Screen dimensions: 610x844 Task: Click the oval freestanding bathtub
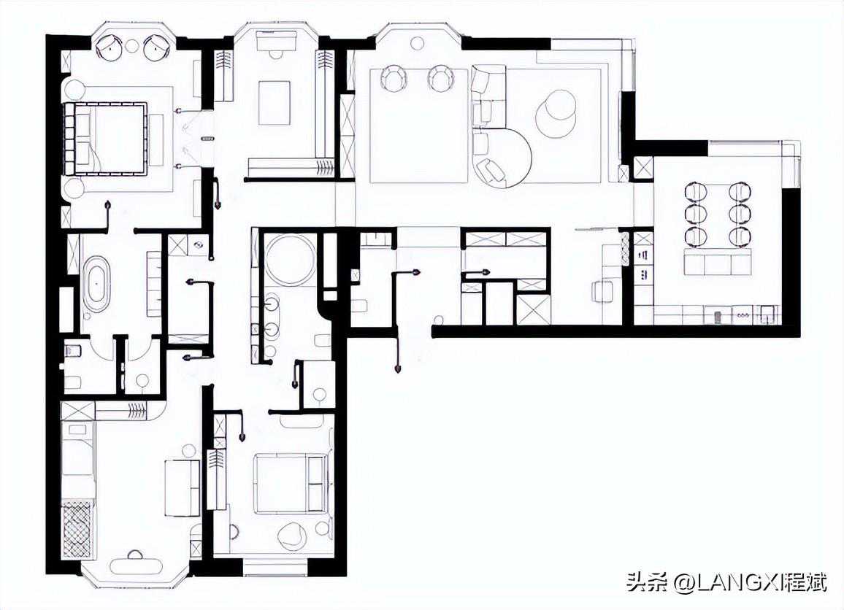(96, 282)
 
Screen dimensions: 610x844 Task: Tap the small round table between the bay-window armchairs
(132, 46)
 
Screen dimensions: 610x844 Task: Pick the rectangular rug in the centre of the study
(275, 102)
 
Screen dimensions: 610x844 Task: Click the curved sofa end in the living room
(504, 159)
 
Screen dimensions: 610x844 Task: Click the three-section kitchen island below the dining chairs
(718, 263)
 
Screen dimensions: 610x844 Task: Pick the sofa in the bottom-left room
(182, 488)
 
